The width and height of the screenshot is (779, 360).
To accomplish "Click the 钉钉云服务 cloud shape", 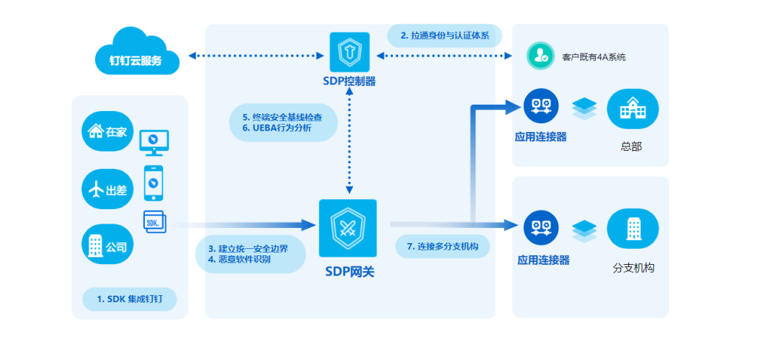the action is click(137, 53).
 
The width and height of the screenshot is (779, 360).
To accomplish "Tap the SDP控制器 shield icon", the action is click(349, 52).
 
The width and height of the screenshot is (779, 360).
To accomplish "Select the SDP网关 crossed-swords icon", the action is click(348, 228).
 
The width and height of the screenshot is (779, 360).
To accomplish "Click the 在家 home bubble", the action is click(107, 131).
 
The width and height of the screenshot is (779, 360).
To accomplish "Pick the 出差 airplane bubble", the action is click(107, 189).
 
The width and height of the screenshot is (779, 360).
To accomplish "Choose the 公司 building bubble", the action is click(107, 245).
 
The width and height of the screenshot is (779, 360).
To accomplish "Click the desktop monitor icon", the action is click(154, 143).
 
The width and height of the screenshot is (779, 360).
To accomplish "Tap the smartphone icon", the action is click(154, 183).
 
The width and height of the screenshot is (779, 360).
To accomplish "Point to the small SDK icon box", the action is click(154, 221).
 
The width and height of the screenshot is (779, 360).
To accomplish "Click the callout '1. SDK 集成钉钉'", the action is click(130, 299).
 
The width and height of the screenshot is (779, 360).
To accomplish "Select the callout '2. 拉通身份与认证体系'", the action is click(444, 36).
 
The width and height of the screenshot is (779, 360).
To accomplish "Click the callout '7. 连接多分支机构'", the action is click(443, 246).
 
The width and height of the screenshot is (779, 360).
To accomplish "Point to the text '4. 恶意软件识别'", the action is click(239, 259).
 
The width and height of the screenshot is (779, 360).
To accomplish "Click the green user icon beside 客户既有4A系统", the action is click(540, 56).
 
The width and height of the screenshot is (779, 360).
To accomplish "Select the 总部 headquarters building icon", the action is click(633, 109).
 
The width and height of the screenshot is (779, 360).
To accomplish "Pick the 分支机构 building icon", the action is click(633, 228).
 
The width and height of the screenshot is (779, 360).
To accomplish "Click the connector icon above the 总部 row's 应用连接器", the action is click(541, 105).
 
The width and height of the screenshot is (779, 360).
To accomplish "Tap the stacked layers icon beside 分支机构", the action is click(584, 231).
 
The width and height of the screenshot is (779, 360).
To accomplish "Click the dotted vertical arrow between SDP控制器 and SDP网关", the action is click(349, 143).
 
